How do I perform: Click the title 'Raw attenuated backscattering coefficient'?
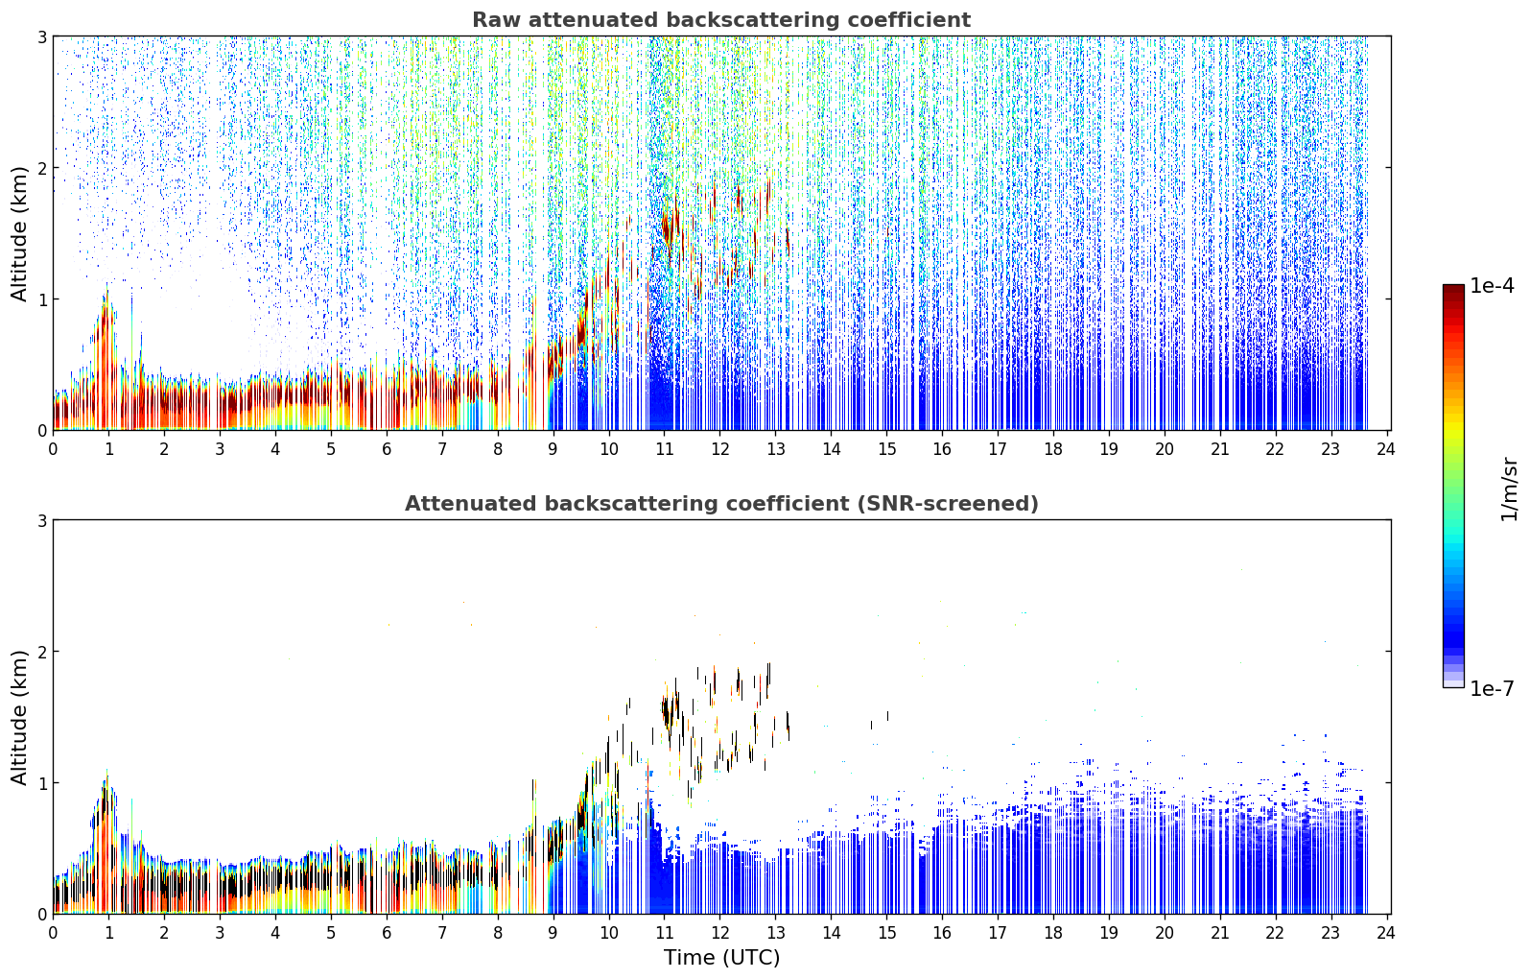721,20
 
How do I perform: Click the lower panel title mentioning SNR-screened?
721,504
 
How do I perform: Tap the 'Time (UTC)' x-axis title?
721,958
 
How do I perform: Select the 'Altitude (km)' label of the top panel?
19,233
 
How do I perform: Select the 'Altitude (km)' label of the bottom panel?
19,717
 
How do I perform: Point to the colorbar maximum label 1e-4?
1493,286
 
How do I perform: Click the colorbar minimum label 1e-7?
1493,688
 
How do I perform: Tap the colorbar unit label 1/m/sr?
1509,490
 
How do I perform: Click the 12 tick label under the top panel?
720,450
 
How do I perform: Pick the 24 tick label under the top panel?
1386,450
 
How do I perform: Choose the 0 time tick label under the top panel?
54,450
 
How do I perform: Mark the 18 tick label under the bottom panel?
1053,934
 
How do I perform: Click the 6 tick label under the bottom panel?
387,934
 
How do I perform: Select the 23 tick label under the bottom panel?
1330,934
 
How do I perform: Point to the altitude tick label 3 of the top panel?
41,36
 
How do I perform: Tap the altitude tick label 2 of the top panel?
41,168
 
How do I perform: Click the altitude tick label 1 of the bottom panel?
41,783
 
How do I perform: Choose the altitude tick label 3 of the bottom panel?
41,521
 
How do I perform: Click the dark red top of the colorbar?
1453,291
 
